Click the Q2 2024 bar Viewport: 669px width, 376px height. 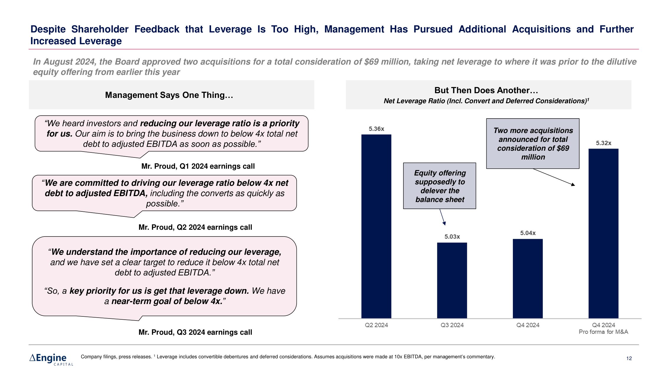(376, 226)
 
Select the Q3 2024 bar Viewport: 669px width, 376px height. (452, 280)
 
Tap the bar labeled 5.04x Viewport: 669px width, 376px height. (528, 278)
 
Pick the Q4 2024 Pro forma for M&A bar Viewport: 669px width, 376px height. (603, 233)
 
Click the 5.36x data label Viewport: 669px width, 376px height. (376, 129)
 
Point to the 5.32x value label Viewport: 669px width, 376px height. (603, 143)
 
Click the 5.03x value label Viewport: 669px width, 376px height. (452, 237)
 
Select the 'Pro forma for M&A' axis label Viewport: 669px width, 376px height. (603, 332)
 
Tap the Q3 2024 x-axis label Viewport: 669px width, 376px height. (452, 325)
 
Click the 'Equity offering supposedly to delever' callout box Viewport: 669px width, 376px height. (440, 186)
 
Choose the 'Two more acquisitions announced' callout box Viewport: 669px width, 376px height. (533, 144)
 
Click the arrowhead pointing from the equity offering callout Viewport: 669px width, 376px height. (444, 224)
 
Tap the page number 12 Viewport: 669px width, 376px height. (629, 358)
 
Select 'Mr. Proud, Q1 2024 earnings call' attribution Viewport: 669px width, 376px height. (198, 166)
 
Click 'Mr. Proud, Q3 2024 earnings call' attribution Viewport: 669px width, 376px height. (195, 332)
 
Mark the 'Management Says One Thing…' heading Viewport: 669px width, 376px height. (169, 95)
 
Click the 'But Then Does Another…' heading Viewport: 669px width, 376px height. (486, 90)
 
